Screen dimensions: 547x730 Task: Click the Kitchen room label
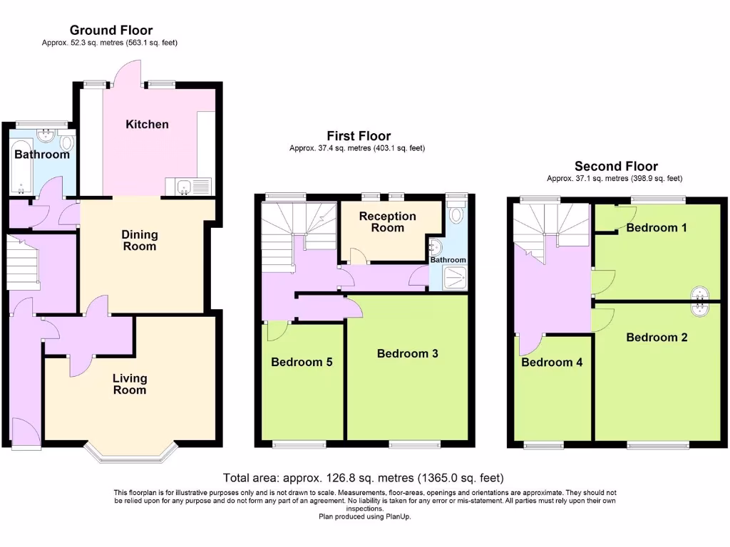tap(147, 125)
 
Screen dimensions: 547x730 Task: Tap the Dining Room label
tap(139, 241)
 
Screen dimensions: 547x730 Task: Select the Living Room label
tap(129, 384)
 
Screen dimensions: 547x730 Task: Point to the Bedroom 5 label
tap(302, 362)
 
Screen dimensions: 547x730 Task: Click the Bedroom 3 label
tap(407, 353)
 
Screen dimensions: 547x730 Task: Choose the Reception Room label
tap(387, 222)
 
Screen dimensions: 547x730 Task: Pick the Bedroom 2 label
tap(657, 337)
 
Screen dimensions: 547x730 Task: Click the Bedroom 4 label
tap(551, 362)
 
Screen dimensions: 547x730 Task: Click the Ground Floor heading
tap(110, 30)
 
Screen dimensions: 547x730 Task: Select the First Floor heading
tap(359, 135)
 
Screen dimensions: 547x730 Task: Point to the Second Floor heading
tap(616, 166)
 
